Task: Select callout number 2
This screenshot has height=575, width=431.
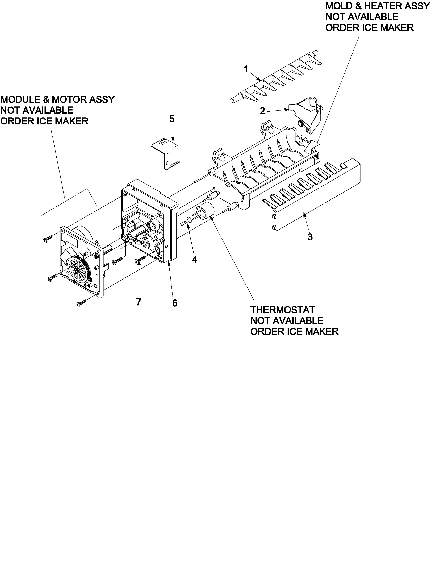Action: click(262, 111)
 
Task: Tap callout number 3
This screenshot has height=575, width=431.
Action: click(310, 237)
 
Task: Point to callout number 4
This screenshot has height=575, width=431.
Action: click(194, 259)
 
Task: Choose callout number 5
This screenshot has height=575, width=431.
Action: click(172, 119)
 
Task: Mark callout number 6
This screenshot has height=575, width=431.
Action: click(175, 303)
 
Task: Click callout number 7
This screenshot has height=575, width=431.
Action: click(138, 302)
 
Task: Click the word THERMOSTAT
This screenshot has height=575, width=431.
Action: click(282, 310)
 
